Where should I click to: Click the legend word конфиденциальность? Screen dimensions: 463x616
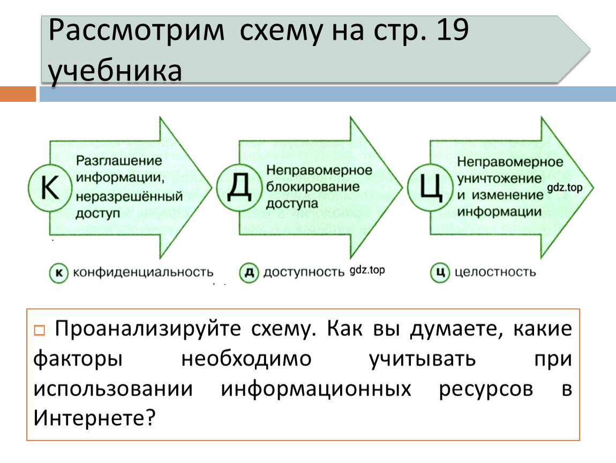click(x=143, y=272)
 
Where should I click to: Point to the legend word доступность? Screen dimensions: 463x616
click(x=303, y=272)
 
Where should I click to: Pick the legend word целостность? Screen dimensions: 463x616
click(x=495, y=272)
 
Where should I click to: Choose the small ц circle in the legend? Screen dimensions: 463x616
click(x=439, y=273)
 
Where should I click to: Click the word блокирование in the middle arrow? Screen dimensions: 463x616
click(x=306, y=187)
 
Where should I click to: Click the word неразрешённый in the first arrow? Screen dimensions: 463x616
click(x=129, y=196)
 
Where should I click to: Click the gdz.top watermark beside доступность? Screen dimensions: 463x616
click(x=367, y=271)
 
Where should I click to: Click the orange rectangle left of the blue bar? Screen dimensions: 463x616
click(x=18, y=95)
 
